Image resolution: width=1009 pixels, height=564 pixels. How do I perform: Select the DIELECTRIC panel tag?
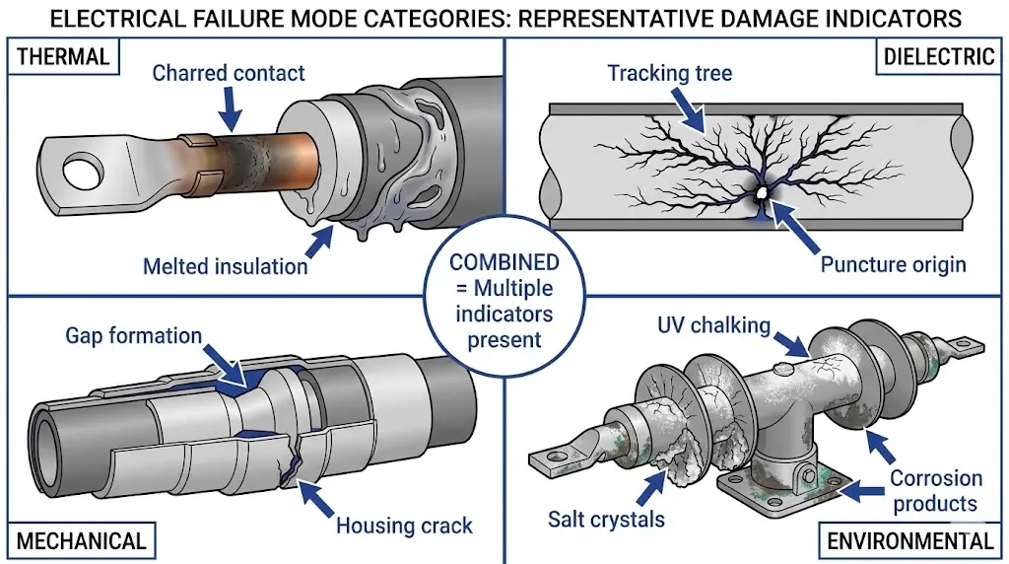tap(936, 55)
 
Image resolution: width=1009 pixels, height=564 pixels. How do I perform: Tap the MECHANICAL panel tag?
tap(82, 540)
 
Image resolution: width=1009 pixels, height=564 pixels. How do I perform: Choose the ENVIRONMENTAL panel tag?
tap(910, 540)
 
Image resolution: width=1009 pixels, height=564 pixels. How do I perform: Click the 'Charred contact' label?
tap(229, 73)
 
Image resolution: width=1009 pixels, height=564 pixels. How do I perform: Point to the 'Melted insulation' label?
tap(226, 266)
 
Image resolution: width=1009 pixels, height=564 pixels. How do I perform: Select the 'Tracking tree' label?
tap(669, 73)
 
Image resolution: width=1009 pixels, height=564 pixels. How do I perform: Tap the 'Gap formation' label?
tap(134, 335)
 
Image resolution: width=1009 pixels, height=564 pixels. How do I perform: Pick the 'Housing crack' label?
tap(404, 525)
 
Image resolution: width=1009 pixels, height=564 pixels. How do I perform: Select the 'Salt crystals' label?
tap(606, 519)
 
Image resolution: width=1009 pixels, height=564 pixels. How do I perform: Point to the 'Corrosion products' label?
tap(936, 491)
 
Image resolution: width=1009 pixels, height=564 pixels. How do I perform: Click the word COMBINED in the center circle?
tap(504, 263)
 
